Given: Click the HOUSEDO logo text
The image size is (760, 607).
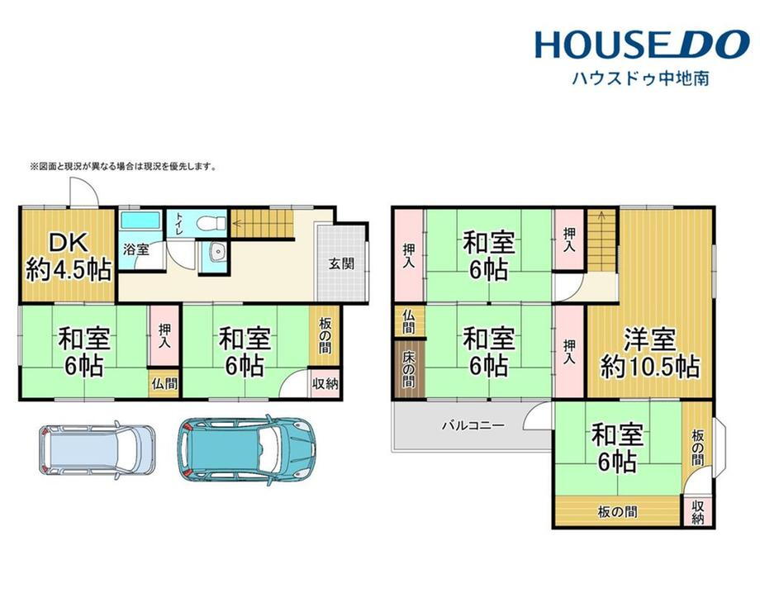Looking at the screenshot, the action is [642, 45].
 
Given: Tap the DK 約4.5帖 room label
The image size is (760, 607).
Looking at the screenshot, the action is [69, 257].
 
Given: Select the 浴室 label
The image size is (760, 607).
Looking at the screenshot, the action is [135, 250].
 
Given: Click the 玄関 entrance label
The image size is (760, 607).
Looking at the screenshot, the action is [342, 264].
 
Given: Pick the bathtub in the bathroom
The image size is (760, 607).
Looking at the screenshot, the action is [140, 221].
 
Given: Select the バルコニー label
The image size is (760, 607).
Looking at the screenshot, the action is [473, 426].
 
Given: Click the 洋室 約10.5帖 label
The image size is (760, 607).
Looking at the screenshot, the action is [650, 353].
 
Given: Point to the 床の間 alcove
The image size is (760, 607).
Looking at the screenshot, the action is [409, 369].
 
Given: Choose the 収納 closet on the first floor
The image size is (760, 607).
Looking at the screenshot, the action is [325, 384].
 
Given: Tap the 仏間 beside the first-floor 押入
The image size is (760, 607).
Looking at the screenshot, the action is [164, 384].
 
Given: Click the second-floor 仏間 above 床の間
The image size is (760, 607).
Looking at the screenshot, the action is [409, 320].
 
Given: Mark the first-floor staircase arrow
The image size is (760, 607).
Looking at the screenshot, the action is [262, 224].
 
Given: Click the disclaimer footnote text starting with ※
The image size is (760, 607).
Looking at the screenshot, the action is [124, 167].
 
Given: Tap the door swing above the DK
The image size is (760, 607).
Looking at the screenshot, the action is [84, 192].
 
